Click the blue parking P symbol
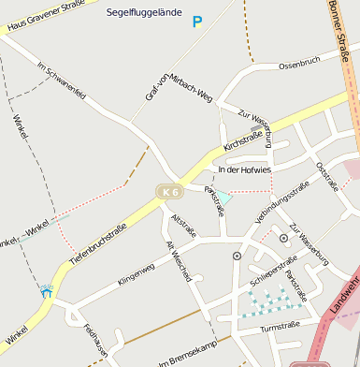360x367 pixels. coord(196,22)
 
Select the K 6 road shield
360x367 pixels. coord(169,191)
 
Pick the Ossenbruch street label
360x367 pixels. coord(299,62)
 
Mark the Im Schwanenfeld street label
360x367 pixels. coord(63,81)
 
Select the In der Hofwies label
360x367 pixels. coord(243,169)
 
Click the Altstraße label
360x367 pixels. coord(184,226)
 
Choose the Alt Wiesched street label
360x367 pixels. coord(179,261)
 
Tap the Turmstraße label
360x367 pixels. coord(279,327)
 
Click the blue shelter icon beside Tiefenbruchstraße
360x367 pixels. coord(46,292)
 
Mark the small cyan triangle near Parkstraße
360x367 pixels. coord(223,198)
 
